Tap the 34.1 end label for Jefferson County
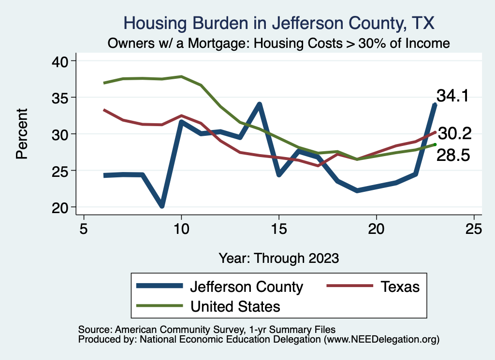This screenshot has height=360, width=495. pyautogui.click(x=452, y=96)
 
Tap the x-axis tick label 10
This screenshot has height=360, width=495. pyautogui.click(x=181, y=228)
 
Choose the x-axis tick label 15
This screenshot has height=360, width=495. pyautogui.click(x=279, y=228)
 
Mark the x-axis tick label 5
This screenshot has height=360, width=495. pyautogui.click(x=84, y=228)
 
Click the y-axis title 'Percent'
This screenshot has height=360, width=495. pyautogui.click(x=21, y=133)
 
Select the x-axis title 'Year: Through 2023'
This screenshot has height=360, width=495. pyautogui.click(x=279, y=258)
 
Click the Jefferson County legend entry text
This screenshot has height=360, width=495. pyautogui.click(x=247, y=287)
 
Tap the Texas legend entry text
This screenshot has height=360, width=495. pyautogui.click(x=400, y=287)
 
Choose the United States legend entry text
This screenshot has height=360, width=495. pyautogui.click(x=235, y=306)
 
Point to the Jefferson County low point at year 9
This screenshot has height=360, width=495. pyautogui.click(x=162, y=206)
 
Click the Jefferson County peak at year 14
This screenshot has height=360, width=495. pyautogui.click(x=260, y=104)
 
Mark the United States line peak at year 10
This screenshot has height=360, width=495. pyautogui.click(x=181, y=76)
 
